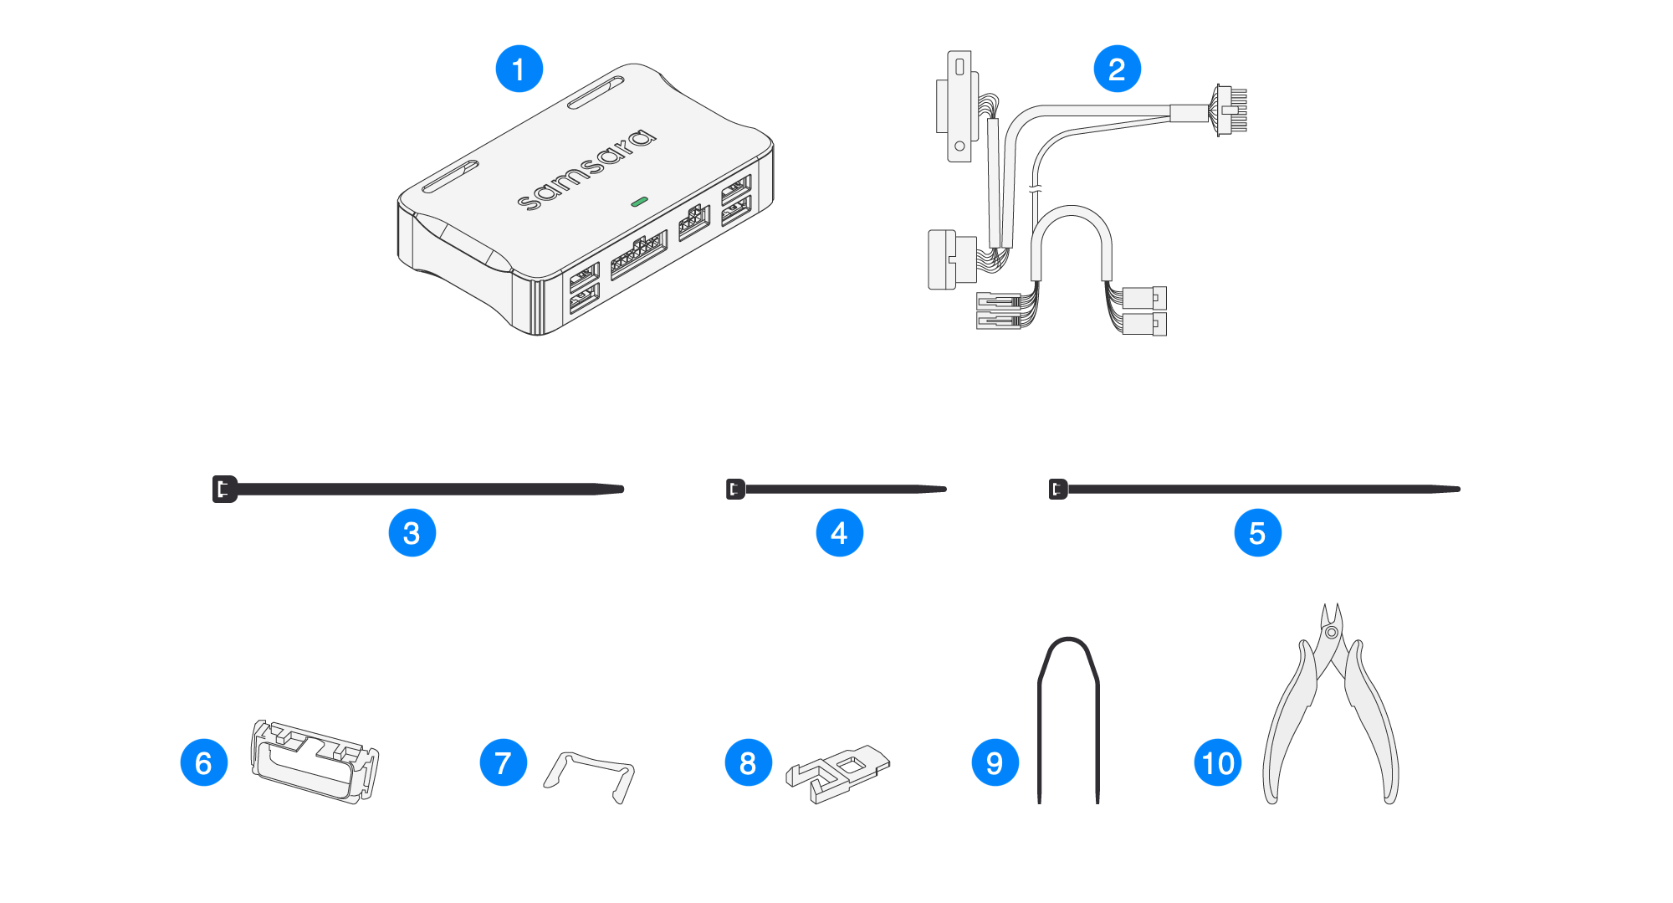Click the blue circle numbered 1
(519, 69)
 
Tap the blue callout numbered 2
(1118, 69)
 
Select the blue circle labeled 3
(412, 533)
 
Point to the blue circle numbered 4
(840, 533)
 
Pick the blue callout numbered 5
(1258, 533)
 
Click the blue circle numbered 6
(204, 762)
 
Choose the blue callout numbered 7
(504, 762)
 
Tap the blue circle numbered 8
(749, 762)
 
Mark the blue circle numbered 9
(995, 762)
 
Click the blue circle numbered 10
(1218, 762)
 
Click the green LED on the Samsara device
(639, 202)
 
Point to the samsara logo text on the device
(586, 169)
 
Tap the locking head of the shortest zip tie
(735, 489)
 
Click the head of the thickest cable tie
(225, 489)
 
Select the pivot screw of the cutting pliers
(1332, 632)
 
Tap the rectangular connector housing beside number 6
(315, 761)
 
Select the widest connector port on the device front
(639, 255)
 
